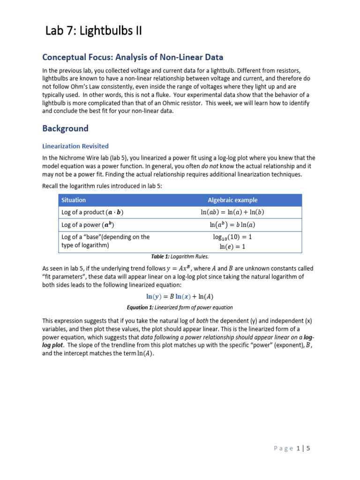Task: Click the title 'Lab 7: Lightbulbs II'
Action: coord(93,31)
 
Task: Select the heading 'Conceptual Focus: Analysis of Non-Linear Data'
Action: coord(133,57)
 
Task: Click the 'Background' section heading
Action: coord(65,128)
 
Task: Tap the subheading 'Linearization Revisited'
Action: coord(75,146)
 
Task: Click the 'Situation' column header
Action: coord(74,200)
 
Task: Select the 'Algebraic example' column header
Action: coord(232,200)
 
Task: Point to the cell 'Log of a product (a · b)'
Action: coord(92,212)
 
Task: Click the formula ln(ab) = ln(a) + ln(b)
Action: coord(232,212)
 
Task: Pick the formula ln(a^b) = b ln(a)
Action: coord(232,225)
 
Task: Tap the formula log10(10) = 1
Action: coord(232,237)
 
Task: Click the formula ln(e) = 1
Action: coord(232,246)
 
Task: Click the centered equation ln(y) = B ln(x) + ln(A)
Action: coord(180,297)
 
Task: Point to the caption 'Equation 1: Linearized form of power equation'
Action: coord(180,308)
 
